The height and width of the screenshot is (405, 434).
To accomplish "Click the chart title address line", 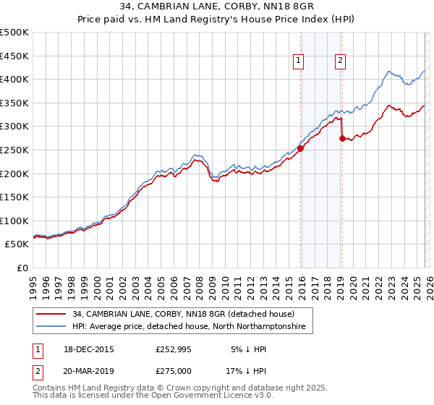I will coord(216,8).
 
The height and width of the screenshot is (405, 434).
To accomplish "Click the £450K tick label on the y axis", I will coord(14,56).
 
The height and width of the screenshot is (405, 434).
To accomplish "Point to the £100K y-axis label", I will coord(14,221).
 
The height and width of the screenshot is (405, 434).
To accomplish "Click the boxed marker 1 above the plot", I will coord(298,61).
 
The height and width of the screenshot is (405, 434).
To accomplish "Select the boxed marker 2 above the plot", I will coord(339,61).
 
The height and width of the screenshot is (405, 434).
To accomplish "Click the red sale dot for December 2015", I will coord(300,148).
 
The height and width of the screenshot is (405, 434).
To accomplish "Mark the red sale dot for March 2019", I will coord(342,138).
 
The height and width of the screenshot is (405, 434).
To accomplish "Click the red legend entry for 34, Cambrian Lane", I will coord(183,314).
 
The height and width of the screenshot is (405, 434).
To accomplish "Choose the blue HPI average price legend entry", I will coord(189,327).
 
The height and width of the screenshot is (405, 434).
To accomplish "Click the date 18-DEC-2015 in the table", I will coord(89,349).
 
